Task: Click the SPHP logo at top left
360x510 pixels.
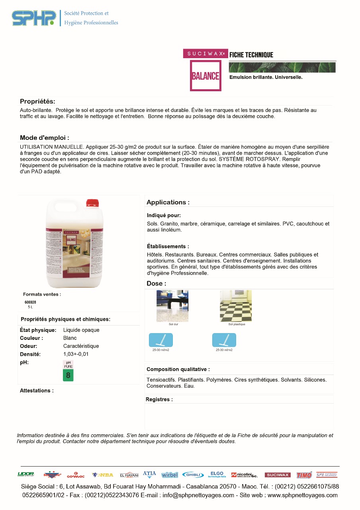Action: coord(34,18)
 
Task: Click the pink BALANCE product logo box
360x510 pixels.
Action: coord(205,75)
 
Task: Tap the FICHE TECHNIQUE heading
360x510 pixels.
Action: coord(251,55)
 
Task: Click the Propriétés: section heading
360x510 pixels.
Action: coord(37,102)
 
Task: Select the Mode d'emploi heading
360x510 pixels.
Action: coord(45,138)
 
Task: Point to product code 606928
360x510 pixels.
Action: coord(30,302)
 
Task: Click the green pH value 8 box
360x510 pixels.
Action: coord(68,375)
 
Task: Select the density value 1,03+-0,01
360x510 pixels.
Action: coord(76,354)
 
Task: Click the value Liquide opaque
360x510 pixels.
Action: coord(81,330)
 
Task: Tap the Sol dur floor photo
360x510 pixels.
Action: coord(172,306)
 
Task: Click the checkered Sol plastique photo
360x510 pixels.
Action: coord(236,306)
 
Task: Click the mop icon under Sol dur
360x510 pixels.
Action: coord(161,340)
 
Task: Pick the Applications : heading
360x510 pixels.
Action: coord(168,202)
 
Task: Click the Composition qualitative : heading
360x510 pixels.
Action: coord(178,369)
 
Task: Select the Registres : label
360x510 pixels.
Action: coord(159,399)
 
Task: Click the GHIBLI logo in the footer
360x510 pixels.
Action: coord(193,475)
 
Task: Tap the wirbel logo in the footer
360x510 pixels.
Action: coord(170,475)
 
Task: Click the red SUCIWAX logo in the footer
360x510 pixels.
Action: coord(278,475)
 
